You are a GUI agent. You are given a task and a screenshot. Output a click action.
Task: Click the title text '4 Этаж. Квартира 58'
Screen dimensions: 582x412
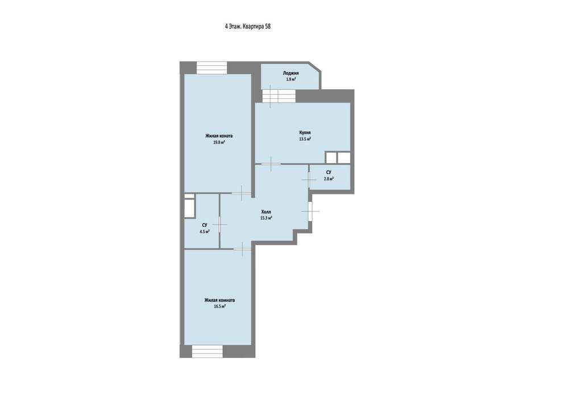point(248,26)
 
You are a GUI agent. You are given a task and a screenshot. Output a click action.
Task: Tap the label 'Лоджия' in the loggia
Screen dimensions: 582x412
point(290,73)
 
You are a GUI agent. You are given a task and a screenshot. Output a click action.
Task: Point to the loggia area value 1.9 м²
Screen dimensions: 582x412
point(290,79)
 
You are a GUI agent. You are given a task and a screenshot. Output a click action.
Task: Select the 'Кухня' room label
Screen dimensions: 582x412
point(305,132)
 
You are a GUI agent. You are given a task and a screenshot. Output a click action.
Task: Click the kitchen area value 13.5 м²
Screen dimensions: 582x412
point(305,139)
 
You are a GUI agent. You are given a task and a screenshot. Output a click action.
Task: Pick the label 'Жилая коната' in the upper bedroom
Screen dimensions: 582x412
point(219,136)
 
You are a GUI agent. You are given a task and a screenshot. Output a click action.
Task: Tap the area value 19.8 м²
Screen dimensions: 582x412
point(219,142)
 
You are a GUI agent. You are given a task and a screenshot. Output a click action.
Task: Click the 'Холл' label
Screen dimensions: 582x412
point(266,212)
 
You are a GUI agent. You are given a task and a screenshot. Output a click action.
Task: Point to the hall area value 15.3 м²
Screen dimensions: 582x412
point(266,218)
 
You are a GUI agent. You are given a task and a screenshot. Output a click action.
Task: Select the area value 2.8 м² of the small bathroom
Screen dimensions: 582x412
point(329,178)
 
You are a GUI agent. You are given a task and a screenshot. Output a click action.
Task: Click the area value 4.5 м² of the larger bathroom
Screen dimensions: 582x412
point(205,231)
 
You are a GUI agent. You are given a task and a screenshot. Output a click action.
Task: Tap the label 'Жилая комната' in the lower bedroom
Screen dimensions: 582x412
point(219,300)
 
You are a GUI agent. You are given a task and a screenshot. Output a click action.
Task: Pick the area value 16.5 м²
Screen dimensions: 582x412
point(219,307)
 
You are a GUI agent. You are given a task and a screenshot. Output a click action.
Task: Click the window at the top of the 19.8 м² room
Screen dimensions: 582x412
point(211,68)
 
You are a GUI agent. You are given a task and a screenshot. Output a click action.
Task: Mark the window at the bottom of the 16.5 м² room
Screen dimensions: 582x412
point(207,351)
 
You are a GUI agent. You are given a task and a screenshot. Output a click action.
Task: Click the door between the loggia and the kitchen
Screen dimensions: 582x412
point(280,96)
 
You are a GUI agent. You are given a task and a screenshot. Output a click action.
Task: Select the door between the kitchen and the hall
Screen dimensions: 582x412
point(271,164)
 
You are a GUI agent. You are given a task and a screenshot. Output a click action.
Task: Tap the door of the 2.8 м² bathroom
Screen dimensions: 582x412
point(309,179)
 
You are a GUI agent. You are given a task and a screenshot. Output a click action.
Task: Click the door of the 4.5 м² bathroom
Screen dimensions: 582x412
point(220,224)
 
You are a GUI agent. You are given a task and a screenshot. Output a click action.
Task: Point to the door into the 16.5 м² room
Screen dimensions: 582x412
point(242,249)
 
